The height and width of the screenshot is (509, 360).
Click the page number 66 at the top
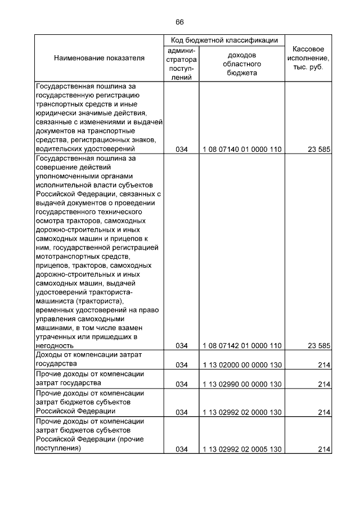click(x=179, y=22)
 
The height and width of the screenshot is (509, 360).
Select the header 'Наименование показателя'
click(x=99, y=58)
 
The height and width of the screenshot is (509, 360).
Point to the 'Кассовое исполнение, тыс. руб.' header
click(x=308, y=58)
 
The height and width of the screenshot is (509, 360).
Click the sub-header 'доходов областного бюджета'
click(x=242, y=64)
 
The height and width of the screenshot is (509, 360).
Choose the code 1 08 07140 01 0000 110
click(x=242, y=150)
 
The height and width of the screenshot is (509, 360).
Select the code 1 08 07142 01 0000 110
click(x=242, y=345)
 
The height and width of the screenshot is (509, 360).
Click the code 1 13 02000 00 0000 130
click(x=242, y=365)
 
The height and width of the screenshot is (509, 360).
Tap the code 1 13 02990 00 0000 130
click(x=242, y=384)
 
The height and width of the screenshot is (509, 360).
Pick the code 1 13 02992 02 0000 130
click(x=242, y=412)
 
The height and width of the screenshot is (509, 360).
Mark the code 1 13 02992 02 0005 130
click(x=242, y=449)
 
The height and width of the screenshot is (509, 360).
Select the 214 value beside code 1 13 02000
click(x=323, y=365)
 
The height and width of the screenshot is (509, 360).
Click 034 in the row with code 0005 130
click(x=181, y=449)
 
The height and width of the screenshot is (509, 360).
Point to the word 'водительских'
click(x=58, y=149)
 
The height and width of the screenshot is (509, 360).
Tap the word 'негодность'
click(x=55, y=345)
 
